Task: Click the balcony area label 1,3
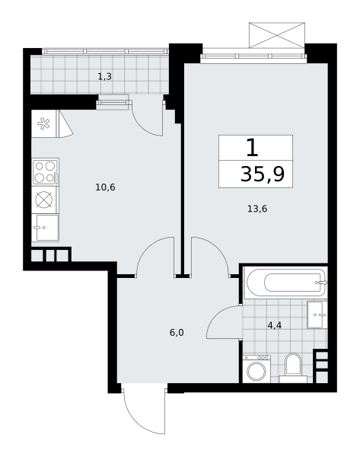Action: [x=104, y=77]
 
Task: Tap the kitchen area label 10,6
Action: [x=105, y=187]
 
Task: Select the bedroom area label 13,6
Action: [x=257, y=209]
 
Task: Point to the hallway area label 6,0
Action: [x=177, y=333]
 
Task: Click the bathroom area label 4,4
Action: [x=274, y=325]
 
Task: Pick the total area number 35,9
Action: [x=263, y=174]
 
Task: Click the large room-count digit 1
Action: [x=252, y=148]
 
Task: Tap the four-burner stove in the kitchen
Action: [x=46, y=171]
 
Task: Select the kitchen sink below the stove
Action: [x=46, y=228]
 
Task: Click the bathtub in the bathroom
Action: [x=286, y=283]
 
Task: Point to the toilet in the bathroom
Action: [x=293, y=368]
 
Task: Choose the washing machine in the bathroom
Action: [x=256, y=369]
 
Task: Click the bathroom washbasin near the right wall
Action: [x=317, y=315]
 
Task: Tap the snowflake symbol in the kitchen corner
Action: [x=43, y=123]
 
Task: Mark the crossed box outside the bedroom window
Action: [x=277, y=35]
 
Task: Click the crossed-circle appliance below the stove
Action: [x=44, y=200]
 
